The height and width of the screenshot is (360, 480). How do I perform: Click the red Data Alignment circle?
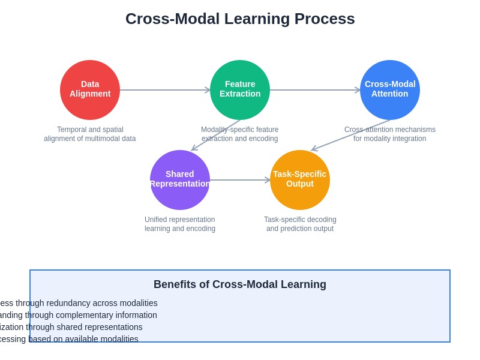[90, 90]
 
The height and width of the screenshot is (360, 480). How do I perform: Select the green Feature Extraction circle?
[240, 90]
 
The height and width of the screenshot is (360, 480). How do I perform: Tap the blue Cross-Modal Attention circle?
[390, 90]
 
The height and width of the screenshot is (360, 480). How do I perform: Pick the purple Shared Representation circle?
[180, 179]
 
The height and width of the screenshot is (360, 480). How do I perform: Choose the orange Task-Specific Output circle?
[300, 179]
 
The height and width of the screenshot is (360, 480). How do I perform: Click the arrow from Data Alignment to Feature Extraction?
[165, 90]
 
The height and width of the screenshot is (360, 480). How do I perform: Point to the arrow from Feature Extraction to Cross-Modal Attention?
[315, 90]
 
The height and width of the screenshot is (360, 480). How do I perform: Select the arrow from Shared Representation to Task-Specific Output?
[240, 180]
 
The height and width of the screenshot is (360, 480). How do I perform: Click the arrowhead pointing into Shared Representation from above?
[193, 149]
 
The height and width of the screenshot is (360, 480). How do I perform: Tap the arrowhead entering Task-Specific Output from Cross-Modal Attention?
[313, 149]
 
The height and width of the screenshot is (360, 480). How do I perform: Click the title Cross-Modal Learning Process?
[240, 19]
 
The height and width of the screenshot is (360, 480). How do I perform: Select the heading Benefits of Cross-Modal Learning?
[240, 284]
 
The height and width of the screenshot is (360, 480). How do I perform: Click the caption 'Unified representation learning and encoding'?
[180, 224]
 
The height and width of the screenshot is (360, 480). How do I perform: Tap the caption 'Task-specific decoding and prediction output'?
[300, 224]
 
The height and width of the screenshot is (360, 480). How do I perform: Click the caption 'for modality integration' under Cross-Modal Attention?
[390, 139]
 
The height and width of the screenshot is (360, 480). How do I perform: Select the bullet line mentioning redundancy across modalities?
[79, 303]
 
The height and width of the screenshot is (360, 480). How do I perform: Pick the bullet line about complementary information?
[79, 315]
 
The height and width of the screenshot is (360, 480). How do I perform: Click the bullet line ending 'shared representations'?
[71, 327]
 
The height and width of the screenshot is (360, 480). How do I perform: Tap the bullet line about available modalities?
[69, 339]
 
